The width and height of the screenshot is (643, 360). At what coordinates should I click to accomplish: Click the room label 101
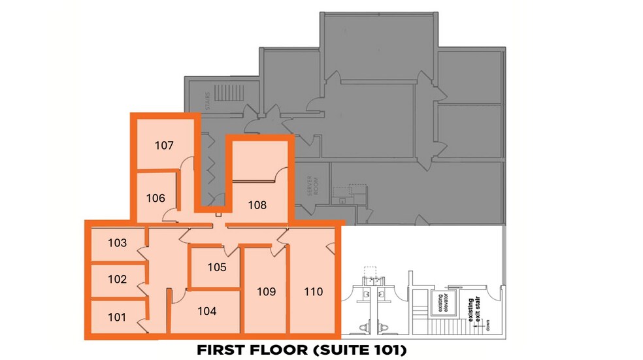(117, 318)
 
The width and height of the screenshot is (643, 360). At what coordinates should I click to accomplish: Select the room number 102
(117, 279)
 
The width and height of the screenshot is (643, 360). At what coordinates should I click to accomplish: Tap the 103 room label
(117, 243)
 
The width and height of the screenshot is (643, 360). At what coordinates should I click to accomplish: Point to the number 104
(206, 312)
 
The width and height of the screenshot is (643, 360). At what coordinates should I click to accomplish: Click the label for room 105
(217, 267)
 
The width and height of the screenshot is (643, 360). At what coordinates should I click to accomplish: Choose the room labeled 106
(155, 198)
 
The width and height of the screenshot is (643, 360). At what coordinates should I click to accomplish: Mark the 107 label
(164, 145)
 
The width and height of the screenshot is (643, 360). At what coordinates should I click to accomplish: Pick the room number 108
(257, 205)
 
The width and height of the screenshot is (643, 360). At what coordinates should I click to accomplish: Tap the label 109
(267, 291)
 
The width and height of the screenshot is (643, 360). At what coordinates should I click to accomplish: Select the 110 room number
(314, 291)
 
